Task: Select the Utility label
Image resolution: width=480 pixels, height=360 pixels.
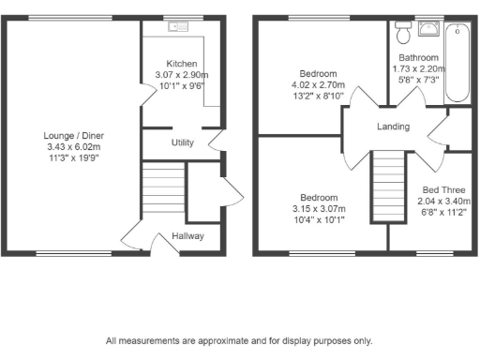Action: tap(182, 143)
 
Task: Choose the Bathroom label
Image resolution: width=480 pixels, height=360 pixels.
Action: tap(414, 57)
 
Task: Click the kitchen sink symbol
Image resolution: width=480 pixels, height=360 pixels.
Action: tap(178, 27)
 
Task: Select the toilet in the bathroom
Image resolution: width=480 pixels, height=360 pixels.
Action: tap(403, 35)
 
